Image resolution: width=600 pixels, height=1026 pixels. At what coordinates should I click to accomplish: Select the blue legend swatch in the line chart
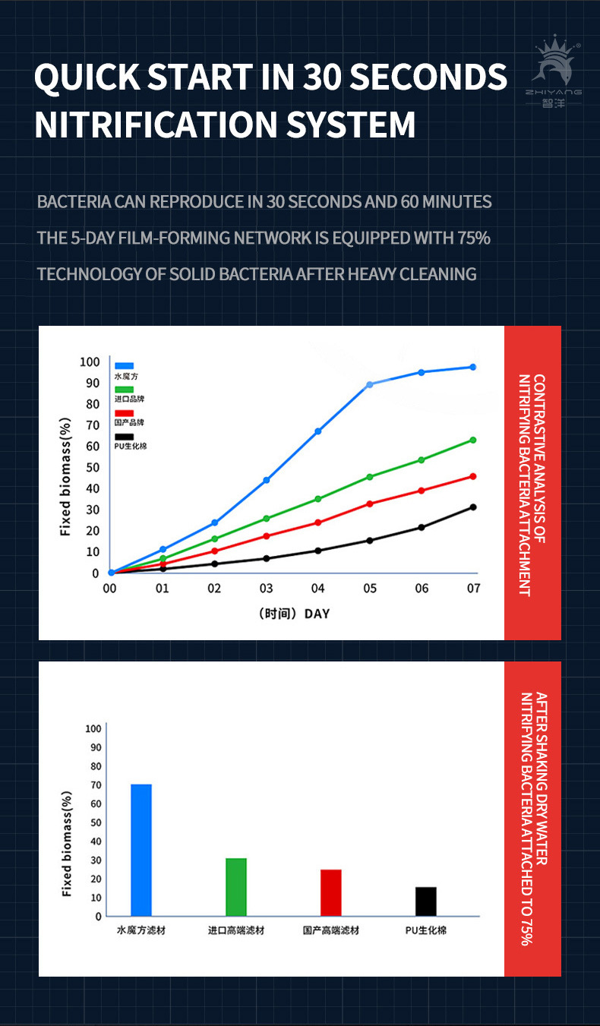point(124,366)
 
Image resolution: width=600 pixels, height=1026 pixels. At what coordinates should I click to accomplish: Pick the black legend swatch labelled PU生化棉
point(124,437)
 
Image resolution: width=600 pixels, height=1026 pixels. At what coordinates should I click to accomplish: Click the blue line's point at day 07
point(472,367)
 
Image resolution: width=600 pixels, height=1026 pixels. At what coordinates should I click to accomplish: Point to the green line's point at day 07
point(472,440)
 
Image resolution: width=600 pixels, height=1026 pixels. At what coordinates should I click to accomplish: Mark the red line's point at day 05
point(370,504)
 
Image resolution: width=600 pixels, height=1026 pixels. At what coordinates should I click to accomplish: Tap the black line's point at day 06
point(421,527)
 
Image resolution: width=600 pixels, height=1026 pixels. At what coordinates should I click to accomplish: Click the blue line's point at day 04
point(317,431)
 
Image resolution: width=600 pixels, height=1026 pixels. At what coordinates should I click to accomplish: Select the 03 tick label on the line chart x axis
point(266,589)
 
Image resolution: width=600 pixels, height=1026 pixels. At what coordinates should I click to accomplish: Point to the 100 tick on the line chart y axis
point(90,361)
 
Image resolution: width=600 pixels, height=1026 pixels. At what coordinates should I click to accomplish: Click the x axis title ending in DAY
point(294,614)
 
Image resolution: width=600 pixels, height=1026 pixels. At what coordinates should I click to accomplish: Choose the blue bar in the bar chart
point(141,850)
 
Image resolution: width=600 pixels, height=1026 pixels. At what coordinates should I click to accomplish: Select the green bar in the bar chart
point(236,886)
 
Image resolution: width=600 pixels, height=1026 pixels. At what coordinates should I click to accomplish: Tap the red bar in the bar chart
point(331,892)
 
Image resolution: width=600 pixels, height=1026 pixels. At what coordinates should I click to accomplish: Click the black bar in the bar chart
point(426,901)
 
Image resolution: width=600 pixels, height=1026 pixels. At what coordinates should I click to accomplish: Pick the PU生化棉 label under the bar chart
point(426,930)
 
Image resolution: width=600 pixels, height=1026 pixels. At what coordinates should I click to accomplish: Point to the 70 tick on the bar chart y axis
point(93,784)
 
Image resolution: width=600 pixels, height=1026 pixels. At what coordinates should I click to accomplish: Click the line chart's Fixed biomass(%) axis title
point(66,476)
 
